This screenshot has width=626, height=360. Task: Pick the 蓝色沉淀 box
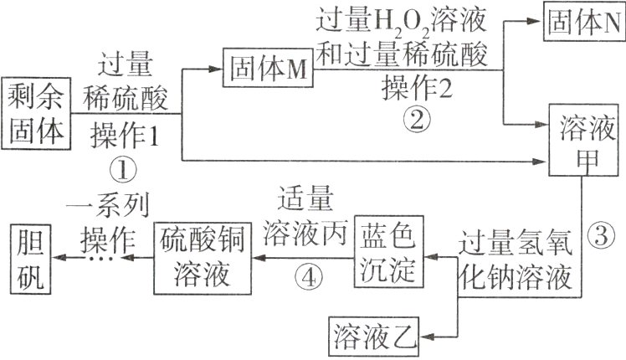(x=386, y=253)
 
